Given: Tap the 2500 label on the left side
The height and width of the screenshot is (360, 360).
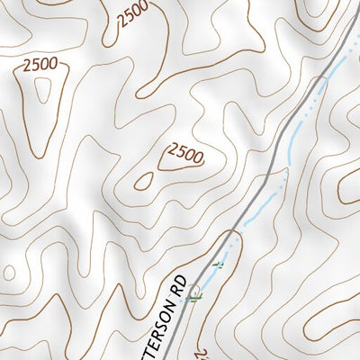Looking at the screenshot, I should pyautogui.click(x=40, y=65).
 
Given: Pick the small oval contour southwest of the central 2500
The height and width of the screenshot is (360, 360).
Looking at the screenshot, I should pyautogui.click(x=144, y=181).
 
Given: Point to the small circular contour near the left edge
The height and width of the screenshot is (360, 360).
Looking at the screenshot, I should pyautogui.click(x=8, y=272).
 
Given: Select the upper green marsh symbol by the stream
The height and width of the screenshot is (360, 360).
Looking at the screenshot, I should pyautogui.click(x=216, y=265).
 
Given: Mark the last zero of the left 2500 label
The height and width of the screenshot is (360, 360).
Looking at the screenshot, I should pyautogui.click(x=53, y=65).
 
